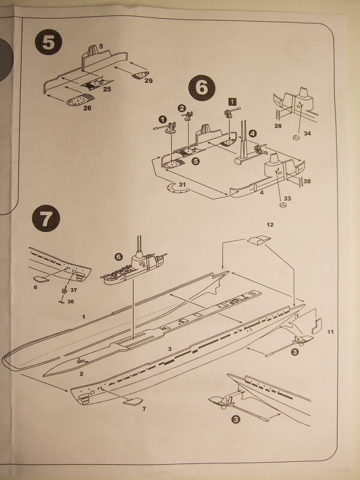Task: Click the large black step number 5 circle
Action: (x=49, y=43)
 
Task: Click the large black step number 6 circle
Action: (x=202, y=88)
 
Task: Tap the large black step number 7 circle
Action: (x=46, y=219)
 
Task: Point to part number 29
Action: (x=149, y=80)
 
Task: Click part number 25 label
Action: (x=107, y=89)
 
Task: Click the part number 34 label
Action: (x=307, y=134)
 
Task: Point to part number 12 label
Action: (x=270, y=225)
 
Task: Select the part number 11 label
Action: (x=330, y=332)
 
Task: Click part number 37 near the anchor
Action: (x=73, y=290)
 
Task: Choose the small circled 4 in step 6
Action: (x=252, y=133)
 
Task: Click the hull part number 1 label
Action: (x=84, y=317)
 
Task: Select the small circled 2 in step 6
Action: (x=182, y=108)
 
